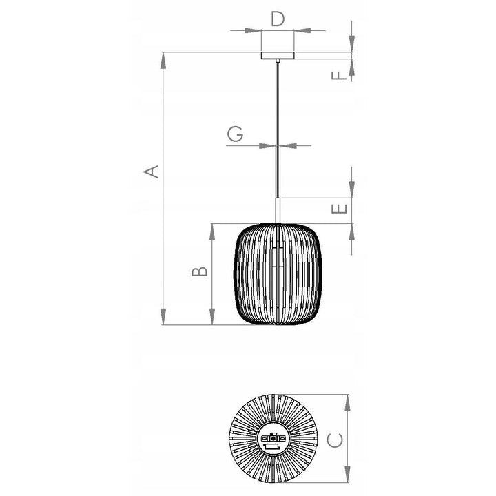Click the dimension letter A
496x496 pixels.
(151, 172)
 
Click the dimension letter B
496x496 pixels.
(200, 271)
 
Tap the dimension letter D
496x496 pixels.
(278, 19)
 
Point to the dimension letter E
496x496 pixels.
(339, 209)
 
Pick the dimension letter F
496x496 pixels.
(339, 75)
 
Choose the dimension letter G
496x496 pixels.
(236, 134)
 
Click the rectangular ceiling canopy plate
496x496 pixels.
(278, 55)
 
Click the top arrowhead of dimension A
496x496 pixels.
(163, 61)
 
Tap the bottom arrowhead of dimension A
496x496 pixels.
(163, 316)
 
